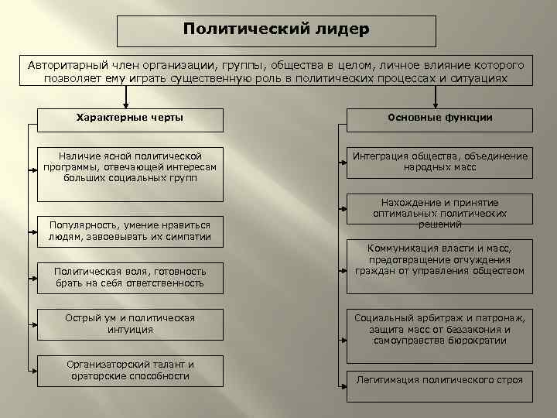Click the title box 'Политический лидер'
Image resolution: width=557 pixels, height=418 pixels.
click(276, 31)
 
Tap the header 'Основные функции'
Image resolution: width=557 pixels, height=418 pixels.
click(439, 119)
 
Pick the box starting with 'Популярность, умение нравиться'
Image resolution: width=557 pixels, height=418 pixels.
click(130, 231)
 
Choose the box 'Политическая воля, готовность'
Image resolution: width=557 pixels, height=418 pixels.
click(130, 277)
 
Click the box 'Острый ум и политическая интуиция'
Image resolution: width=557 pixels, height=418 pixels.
click(130, 324)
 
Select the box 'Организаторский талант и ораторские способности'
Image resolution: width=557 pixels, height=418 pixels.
click(130, 370)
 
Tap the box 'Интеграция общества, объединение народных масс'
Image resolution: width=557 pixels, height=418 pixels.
click(439, 162)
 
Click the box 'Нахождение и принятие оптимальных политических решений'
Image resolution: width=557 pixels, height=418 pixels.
click(439, 212)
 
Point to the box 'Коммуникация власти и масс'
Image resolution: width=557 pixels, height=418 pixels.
click(439, 260)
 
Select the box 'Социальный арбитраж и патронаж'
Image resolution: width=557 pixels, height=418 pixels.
click(439, 329)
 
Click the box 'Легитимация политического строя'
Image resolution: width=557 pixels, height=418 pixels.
click(439, 380)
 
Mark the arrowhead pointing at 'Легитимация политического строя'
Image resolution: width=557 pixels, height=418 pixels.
click(343, 380)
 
